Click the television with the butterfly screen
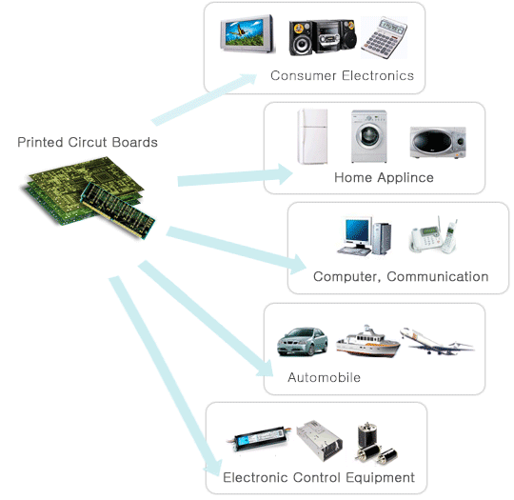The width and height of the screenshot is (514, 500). coord(247,33)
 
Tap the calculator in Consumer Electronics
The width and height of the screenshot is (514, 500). coord(384,37)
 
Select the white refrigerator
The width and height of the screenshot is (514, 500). coord(312,136)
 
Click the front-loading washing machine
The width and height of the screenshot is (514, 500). coord(369,136)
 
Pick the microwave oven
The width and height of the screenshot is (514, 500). coord(438,142)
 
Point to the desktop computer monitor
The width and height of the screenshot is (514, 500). coord(357,232)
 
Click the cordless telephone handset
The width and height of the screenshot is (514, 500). coord(449,236)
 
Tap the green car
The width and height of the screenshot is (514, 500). coord(303,341)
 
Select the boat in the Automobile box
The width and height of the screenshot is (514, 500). coord(368,341)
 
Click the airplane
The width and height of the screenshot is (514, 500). coord(437,341)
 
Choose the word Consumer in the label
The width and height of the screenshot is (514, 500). coord(304,76)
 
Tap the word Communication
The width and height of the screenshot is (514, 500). coord(438,276)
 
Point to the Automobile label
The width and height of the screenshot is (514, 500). coord(325,377)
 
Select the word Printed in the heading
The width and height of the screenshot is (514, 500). coord(40,143)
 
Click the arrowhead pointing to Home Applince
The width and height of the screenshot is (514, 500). coord(285,174)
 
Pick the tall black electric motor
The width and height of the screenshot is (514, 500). coord(367,435)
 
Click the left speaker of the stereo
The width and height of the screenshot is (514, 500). coord(301,38)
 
